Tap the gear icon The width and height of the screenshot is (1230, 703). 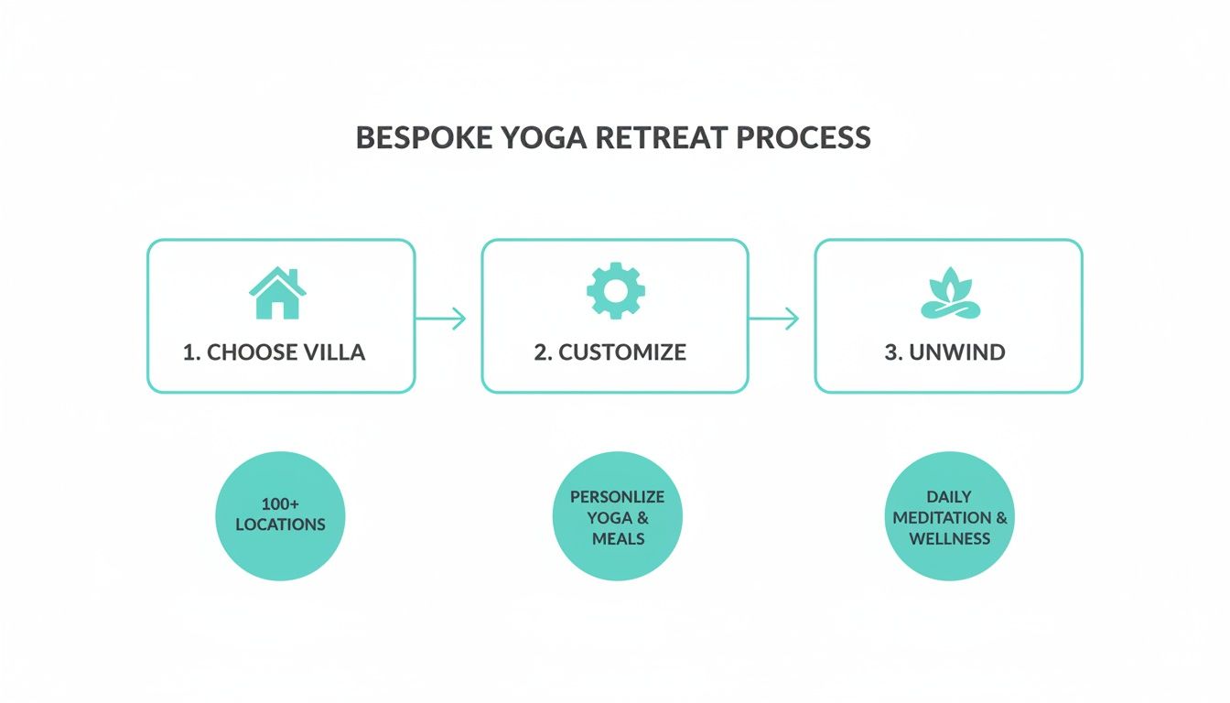[x=615, y=290]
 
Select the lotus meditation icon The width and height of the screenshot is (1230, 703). [x=949, y=296]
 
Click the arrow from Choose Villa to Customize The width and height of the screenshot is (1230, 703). [x=441, y=319]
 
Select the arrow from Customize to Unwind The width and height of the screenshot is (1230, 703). [x=774, y=319]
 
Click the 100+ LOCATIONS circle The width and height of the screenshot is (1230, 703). [x=280, y=516]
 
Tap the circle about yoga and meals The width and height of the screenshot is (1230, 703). [x=618, y=516]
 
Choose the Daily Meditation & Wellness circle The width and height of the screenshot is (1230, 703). [x=950, y=516]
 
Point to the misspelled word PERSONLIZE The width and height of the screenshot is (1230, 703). [x=618, y=496]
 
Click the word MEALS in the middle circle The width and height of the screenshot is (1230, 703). [x=618, y=539]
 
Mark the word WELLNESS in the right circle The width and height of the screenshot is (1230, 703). [x=949, y=539]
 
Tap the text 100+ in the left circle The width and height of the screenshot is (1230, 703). [x=280, y=504]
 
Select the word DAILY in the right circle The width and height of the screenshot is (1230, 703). [x=949, y=496]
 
